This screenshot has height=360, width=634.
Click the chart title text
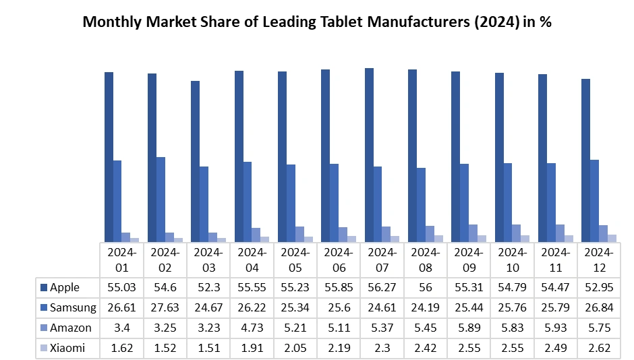[x=317, y=22]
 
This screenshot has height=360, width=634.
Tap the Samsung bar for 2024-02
[x=161, y=199]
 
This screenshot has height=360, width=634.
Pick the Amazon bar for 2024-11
[x=560, y=233]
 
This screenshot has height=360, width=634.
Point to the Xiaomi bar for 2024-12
[x=612, y=238]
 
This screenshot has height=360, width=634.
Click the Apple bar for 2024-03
[x=195, y=161]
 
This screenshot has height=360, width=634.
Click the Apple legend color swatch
[x=45, y=288]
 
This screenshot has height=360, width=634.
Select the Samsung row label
[x=74, y=308]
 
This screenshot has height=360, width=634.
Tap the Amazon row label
[x=71, y=328]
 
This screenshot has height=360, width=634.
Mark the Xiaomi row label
[x=67, y=349]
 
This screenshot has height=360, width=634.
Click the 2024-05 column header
[x=295, y=260]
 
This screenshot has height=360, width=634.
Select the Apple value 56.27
[x=382, y=288]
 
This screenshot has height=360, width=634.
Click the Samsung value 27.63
[x=165, y=308]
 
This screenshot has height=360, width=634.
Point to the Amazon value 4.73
[x=252, y=328]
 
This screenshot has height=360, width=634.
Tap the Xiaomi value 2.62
[x=599, y=349]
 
